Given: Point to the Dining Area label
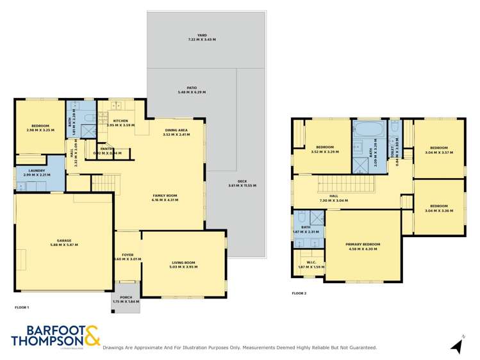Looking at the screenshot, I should coord(176,131).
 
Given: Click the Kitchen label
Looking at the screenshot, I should coord(120,122).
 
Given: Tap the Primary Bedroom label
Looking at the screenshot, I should coord(363,246).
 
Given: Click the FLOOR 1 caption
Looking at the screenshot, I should coord(22,307).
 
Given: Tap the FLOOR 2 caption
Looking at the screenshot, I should coord(299,293).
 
